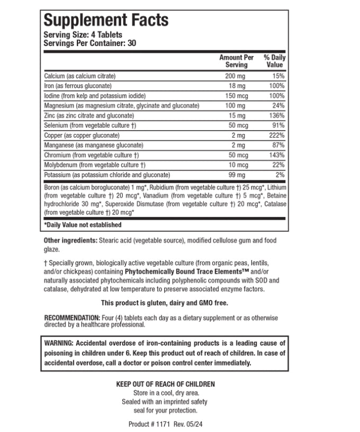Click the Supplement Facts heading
point(106,21)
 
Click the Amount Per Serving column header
point(236,61)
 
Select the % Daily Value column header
point(274,61)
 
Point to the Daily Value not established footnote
point(83,225)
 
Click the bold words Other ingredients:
point(70,241)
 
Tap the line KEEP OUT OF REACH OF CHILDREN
point(165,384)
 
